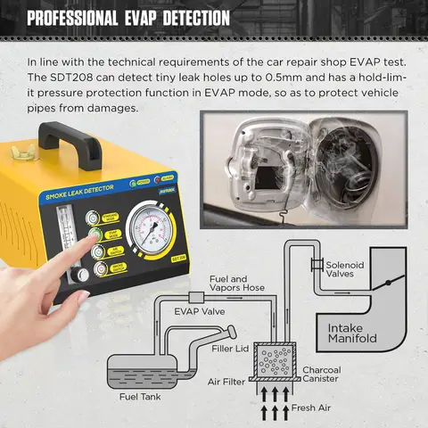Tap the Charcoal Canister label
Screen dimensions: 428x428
[x=320, y=375]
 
